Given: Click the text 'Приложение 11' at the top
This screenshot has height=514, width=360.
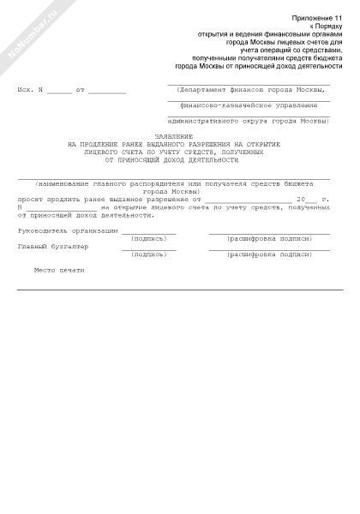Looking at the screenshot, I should click(316, 17).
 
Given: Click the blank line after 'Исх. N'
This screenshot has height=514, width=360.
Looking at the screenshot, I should click(60, 92).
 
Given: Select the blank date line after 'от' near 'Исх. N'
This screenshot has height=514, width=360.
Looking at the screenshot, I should click(106, 92).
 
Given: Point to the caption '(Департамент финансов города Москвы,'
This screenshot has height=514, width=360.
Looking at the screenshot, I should click(249, 89).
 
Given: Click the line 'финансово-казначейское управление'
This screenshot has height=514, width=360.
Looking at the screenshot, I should click(249, 105).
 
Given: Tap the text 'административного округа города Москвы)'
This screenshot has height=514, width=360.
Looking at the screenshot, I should click(249, 122).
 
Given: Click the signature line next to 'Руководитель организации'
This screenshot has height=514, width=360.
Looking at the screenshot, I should click(148, 232).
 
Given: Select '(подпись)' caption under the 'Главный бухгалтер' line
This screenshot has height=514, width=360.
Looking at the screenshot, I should click(148, 254).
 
